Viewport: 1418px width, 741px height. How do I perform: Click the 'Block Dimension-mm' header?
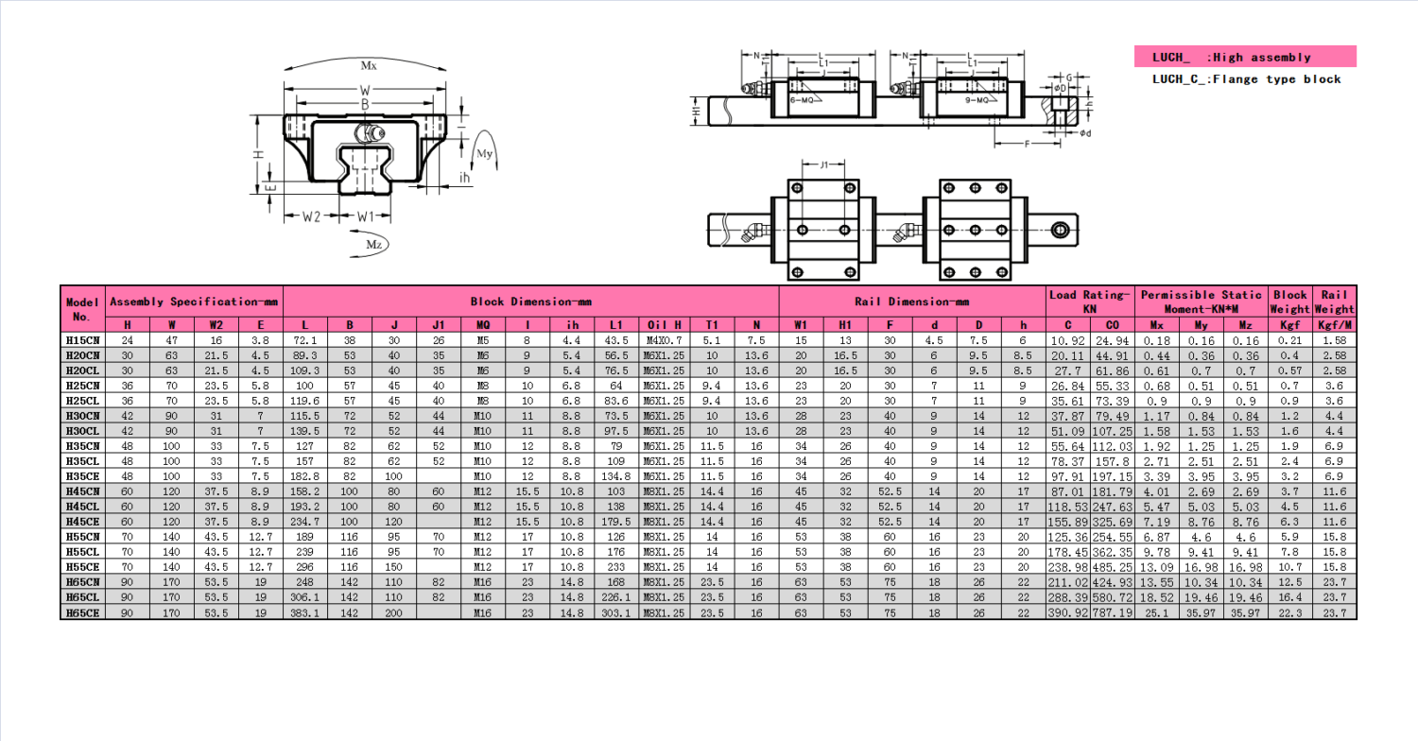pos(530,302)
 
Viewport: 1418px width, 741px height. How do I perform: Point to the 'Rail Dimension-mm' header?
pos(911,302)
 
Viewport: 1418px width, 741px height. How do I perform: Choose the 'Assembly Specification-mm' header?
pos(195,302)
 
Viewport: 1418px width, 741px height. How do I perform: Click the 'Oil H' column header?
pos(666,324)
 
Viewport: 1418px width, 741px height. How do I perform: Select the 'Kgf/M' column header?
pos(1335,324)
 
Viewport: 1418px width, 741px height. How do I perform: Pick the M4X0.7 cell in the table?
pos(666,339)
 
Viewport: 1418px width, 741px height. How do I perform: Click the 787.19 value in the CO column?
pos(1112,612)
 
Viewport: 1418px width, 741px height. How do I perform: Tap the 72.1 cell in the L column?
pos(305,339)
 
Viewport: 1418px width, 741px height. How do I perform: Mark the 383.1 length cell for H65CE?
pos(305,612)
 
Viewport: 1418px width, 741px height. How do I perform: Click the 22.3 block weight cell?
pos(1290,612)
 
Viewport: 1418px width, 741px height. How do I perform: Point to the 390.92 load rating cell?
pos(1067,612)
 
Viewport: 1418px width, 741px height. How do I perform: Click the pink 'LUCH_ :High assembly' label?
pos(1244,57)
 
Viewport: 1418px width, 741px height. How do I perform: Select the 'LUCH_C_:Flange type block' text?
pos(1246,79)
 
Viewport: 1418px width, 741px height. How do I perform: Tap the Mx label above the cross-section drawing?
pos(369,66)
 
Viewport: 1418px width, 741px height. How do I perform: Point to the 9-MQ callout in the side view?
pos(977,99)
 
